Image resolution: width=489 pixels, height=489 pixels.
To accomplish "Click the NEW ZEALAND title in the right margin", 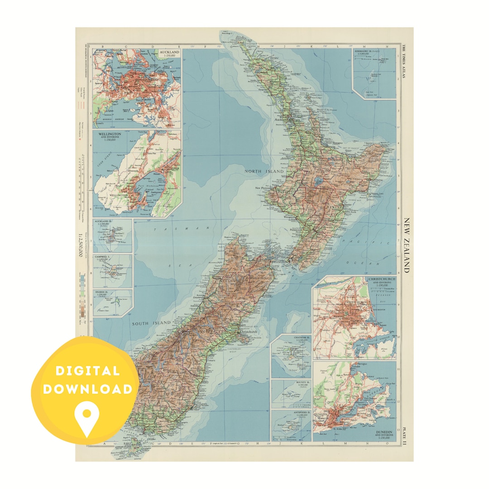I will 406,245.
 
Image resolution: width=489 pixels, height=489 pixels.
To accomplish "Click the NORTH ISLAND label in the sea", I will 259,172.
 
